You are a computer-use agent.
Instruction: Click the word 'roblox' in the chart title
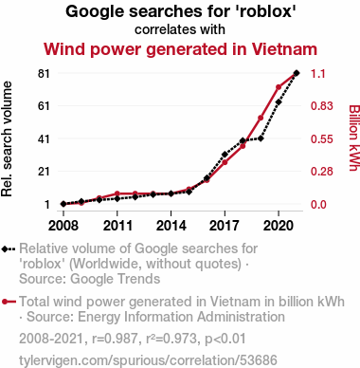coord(267,11)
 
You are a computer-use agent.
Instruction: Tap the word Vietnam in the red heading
coord(284,49)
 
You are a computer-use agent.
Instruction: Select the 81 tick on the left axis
coord(44,73)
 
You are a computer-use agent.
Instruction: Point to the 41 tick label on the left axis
coord(44,138)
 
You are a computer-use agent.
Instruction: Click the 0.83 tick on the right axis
coord(322,106)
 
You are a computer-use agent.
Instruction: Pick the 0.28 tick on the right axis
coord(322,172)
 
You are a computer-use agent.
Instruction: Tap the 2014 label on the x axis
coord(171,226)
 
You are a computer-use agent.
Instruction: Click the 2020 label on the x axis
coord(279,226)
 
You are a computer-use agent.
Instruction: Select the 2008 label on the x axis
coord(63,226)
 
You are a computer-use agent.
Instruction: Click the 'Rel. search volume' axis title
coord(7,139)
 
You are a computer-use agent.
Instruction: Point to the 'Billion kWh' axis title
coord(354,138)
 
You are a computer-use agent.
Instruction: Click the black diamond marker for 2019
coord(261,138)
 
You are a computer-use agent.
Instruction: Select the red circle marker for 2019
coord(261,118)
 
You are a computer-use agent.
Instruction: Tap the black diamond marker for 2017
coord(225,155)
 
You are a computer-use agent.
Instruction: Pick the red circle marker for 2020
coord(279,87)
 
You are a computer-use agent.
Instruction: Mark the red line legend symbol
coord(9,302)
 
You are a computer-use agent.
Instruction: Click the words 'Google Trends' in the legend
coord(116,279)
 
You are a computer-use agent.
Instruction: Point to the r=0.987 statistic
coord(115,339)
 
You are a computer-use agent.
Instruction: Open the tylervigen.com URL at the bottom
coord(148,360)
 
